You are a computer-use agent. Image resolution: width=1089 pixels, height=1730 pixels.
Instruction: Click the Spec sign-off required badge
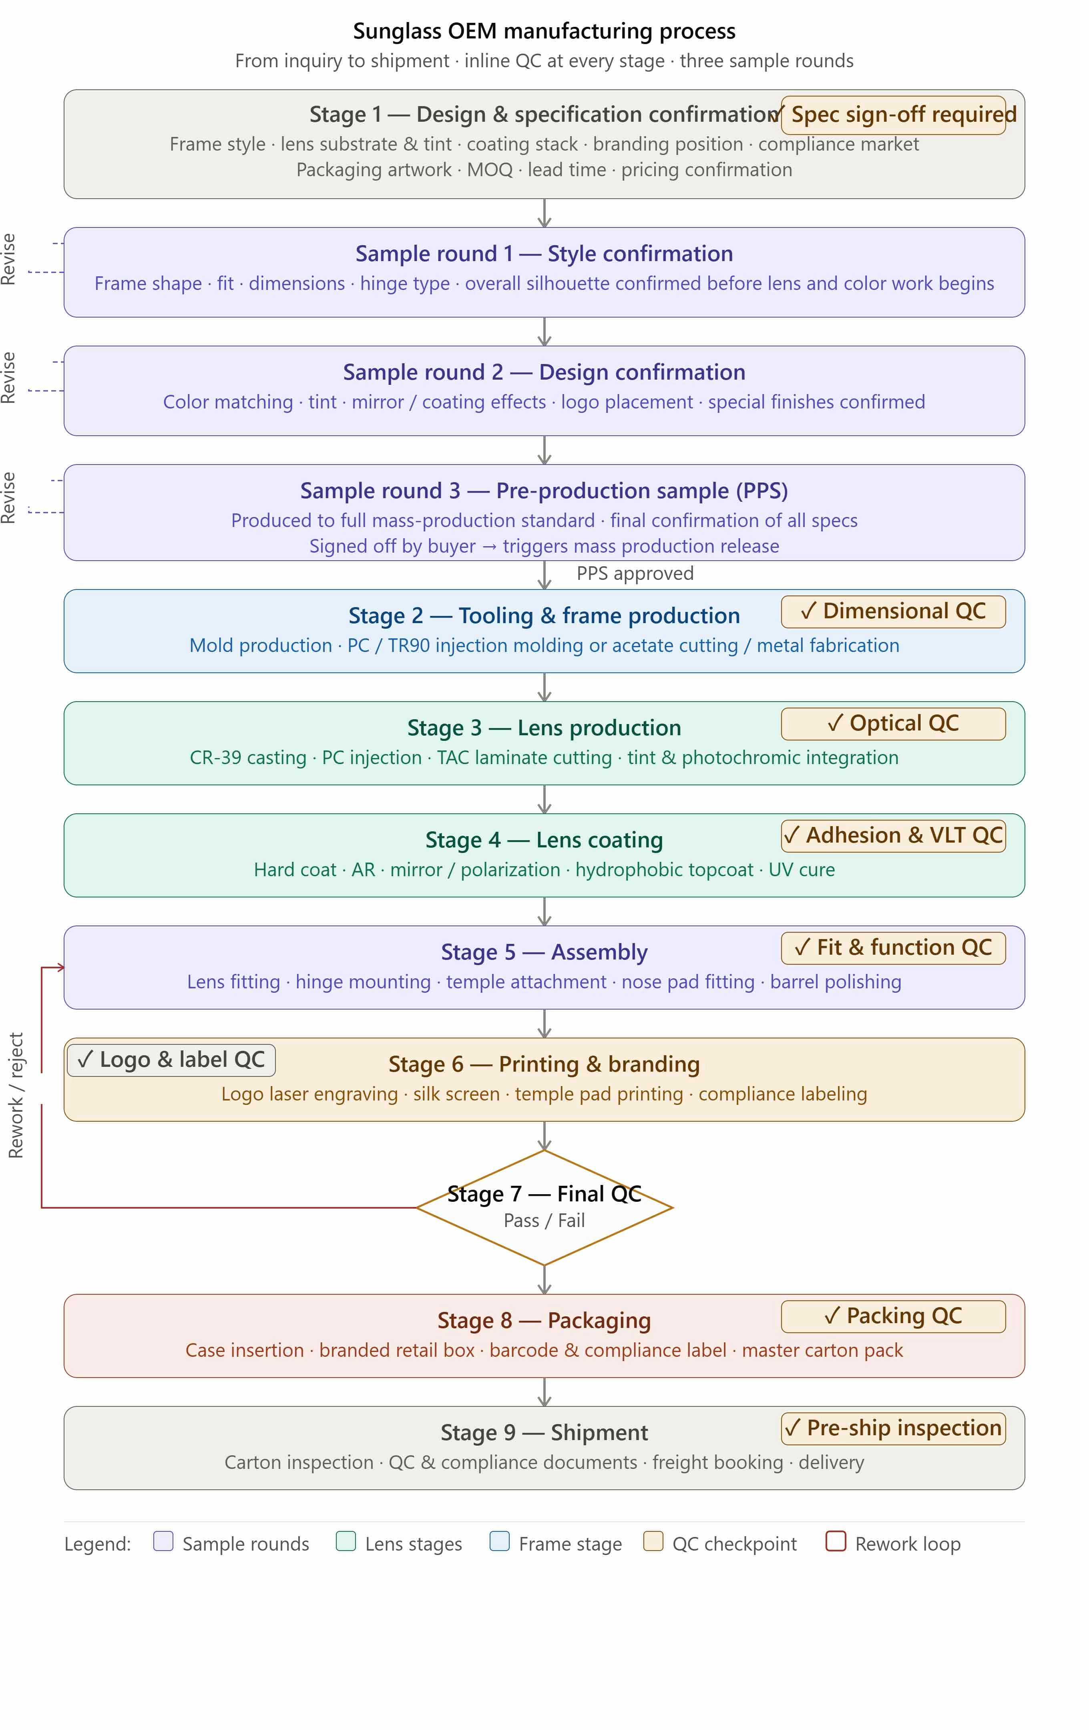[x=893, y=115]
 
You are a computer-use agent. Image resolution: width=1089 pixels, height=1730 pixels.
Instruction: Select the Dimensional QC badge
[x=893, y=612]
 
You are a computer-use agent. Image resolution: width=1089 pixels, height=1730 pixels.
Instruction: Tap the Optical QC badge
[x=893, y=724]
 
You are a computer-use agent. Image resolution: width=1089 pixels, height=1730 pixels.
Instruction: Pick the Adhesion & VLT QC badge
[x=893, y=835]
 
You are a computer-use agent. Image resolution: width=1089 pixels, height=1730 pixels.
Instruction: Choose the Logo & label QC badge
[x=171, y=1060]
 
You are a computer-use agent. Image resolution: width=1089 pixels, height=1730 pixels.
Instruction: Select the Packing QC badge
[x=893, y=1316]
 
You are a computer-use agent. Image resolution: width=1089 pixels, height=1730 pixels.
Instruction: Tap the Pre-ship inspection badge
[x=893, y=1428]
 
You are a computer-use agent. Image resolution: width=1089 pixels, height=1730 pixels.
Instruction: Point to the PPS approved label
[x=635, y=573]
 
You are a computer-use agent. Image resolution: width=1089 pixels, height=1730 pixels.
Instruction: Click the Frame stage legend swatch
[x=499, y=1541]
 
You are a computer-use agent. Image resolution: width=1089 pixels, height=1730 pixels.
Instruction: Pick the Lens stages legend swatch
[x=346, y=1541]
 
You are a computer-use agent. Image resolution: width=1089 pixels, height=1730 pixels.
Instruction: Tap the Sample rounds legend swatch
[x=163, y=1541]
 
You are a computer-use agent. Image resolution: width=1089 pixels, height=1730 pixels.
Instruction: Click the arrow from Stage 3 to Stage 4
[x=544, y=799]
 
